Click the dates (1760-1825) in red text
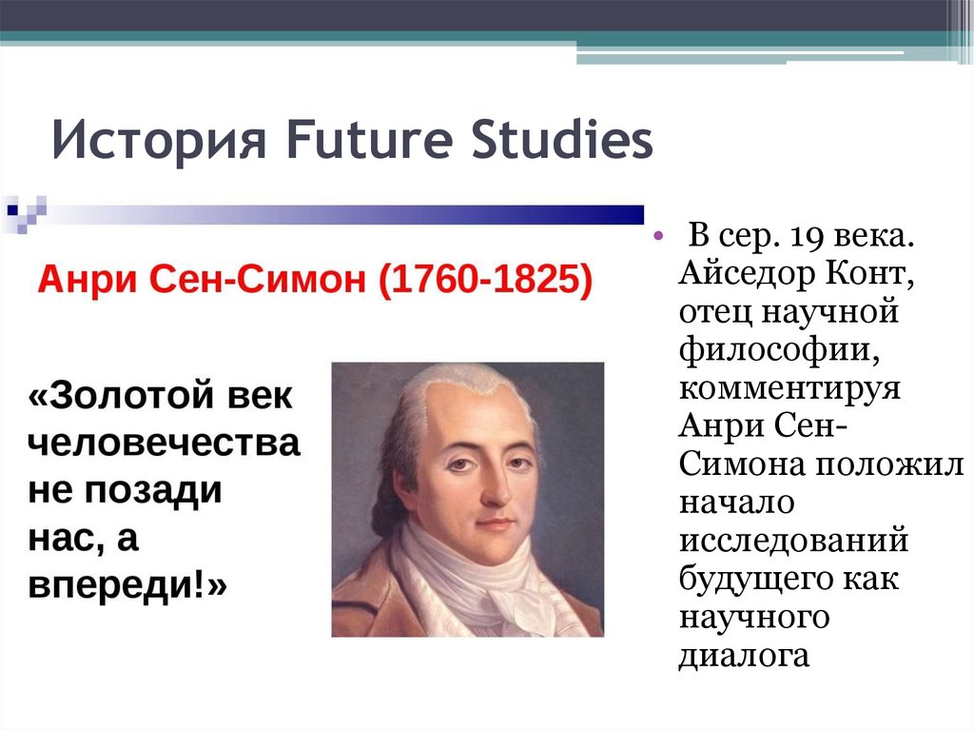tap(484, 281)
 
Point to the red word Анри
tap(79, 281)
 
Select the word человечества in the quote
tap(164, 444)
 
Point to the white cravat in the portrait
tap(476, 581)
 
